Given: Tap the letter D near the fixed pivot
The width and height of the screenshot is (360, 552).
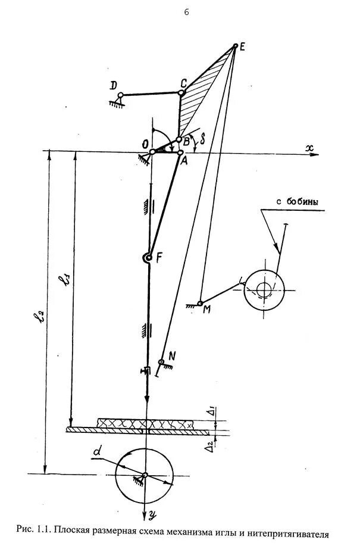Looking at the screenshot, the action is pyautogui.click(x=114, y=86).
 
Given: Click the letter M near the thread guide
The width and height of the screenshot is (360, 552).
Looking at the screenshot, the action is pyautogui.click(x=206, y=309).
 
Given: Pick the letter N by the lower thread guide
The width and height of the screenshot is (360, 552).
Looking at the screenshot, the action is pyautogui.click(x=172, y=356).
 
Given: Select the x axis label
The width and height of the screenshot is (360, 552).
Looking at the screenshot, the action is pyautogui.click(x=309, y=149).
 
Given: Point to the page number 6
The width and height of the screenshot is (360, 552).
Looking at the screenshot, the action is pyautogui.click(x=186, y=13).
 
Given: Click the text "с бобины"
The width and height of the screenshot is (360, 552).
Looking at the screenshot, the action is pyautogui.click(x=297, y=202).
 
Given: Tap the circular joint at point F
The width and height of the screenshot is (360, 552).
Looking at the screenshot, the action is pyautogui.click(x=147, y=258).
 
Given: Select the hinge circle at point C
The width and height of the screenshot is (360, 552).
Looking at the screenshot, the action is pyautogui.click(x=181, y=93).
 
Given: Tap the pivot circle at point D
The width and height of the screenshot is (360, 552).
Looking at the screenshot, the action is pyautogui.click(x=120, y=95).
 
